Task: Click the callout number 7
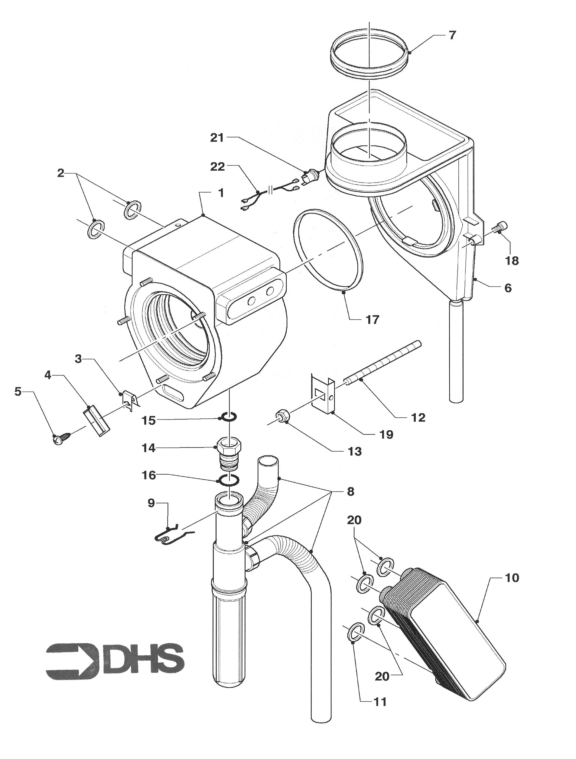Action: [452, 35]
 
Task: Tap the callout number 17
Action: [372, 320]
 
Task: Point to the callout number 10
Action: [512, 578]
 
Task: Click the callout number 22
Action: [217, 167]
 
